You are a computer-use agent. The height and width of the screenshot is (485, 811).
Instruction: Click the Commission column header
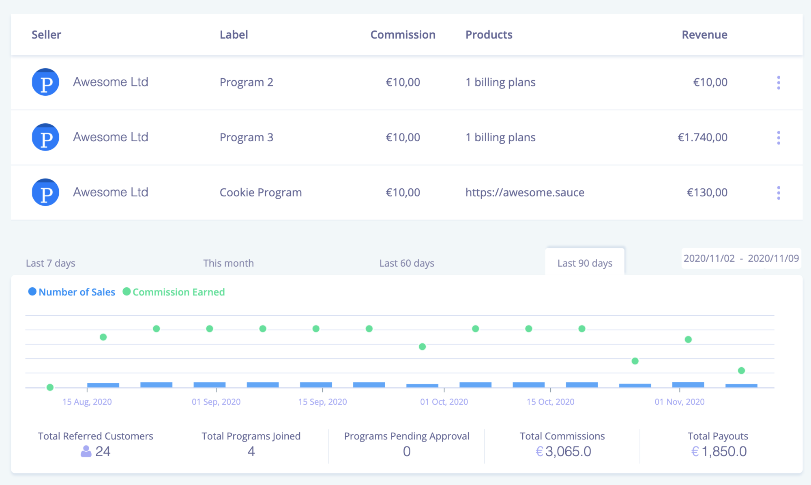[403, 35]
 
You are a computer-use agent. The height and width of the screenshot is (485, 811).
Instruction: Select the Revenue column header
[704, 35]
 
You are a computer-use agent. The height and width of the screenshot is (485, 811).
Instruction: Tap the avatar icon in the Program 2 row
[45, 82]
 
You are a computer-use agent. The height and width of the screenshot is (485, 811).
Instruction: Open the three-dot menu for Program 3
[778, 138]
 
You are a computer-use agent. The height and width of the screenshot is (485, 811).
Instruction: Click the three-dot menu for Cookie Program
[778, 193]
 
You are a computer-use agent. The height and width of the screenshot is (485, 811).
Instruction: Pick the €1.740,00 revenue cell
[702, 138]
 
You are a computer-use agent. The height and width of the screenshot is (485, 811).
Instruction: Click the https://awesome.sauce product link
[525, 192]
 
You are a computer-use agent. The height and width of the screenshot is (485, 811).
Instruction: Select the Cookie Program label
[261, 192]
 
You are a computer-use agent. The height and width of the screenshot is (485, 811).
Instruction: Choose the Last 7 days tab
[51, 263]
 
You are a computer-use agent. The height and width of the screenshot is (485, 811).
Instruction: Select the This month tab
[228, 263]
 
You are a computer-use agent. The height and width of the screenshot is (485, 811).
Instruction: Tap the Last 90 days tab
[585, 263]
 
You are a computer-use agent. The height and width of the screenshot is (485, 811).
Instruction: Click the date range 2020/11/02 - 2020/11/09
[741, 259]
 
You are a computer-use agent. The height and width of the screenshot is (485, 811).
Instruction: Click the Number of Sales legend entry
[72, 292]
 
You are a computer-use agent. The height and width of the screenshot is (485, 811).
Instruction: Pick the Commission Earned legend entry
[174, 292]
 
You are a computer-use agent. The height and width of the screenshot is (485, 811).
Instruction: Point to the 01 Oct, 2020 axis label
[444, 402]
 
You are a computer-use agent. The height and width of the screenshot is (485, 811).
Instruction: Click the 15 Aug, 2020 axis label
[87, 402]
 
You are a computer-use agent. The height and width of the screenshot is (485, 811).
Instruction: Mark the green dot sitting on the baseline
[50, 387]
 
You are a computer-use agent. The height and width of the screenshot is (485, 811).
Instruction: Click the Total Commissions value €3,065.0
[563, 451]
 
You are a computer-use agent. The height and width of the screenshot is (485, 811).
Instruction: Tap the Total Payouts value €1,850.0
[719, 451]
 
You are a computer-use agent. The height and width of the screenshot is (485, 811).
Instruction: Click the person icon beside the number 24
[86, 451]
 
